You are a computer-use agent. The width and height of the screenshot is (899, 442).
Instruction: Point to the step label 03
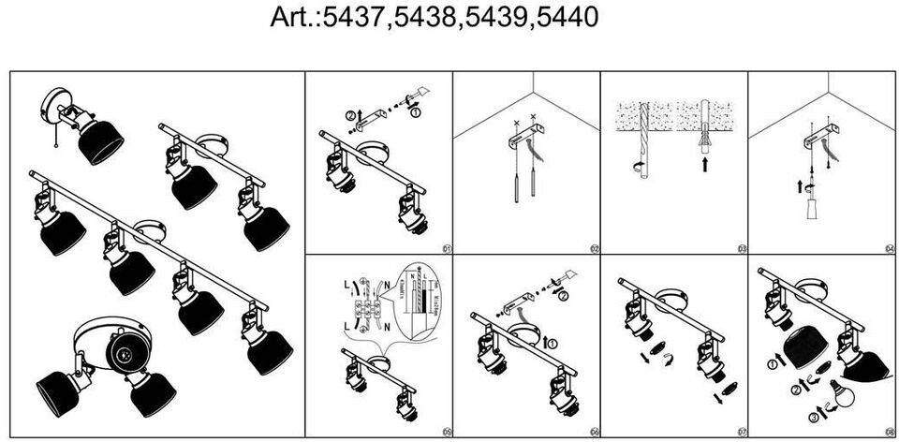coord(741,248)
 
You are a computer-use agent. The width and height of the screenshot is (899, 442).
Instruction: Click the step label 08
coord(888,432)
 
